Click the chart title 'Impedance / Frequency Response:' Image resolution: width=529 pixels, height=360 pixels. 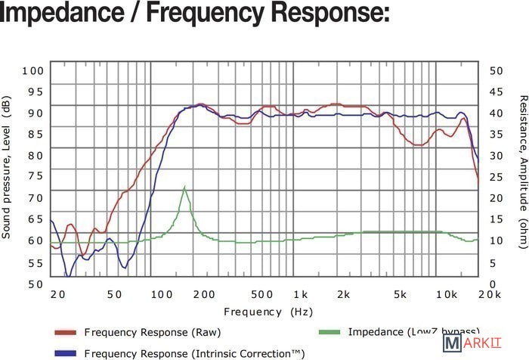click(195, 14)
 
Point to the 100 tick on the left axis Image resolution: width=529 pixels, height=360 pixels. click(33, 70)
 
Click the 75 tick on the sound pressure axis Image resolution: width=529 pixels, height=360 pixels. click(36, 176)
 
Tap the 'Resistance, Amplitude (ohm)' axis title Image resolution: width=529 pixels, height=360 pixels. click(522, 172)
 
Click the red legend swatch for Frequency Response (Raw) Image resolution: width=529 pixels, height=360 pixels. click(66, 332)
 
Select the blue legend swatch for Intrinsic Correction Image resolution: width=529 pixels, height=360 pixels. click(66, 352)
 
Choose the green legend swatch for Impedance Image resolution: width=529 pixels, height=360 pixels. click(329, 332)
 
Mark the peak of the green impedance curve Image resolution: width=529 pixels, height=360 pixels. click(184, 186)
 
